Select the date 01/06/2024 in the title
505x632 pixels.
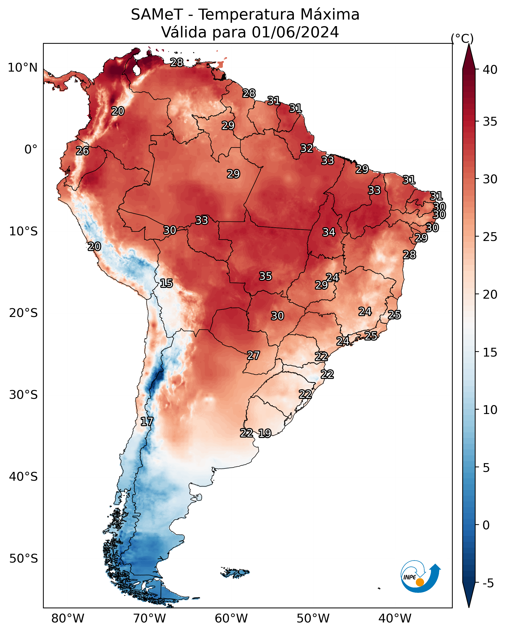click(295, 32)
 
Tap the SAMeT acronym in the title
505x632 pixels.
click(157, 15)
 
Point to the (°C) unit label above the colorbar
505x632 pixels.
click(462, 38)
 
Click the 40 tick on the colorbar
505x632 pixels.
click(490, 70)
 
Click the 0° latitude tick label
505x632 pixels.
click(31, 150)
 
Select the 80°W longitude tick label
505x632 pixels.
click(68, 619)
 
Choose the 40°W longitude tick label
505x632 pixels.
click(395, 619)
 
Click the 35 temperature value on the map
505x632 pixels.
click(266, 276)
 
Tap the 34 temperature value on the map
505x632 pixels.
click(329, 232)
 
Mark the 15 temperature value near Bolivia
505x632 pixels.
click(166, 283)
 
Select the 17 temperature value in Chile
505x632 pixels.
click(147, 422)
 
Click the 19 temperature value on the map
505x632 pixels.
click(265, 433)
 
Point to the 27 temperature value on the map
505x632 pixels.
click(253, 356)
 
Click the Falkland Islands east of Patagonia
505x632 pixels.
click(235, 572)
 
